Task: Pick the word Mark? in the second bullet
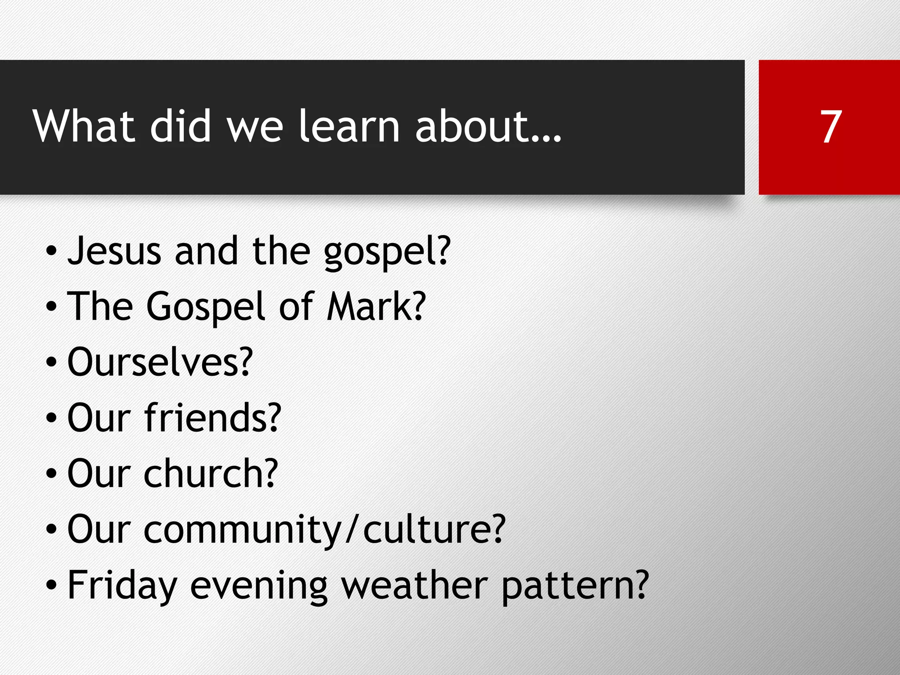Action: (x=376, y=306)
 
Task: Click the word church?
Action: (x=211, y=473)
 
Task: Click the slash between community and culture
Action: (x=352, y=530)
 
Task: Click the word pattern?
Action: (x=575, y=587)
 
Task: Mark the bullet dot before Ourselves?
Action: (x=51, y=363)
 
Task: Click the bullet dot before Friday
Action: (x=51, y=586)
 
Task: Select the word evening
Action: (x=259, y=587)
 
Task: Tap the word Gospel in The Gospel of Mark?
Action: (x=206, y=307)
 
